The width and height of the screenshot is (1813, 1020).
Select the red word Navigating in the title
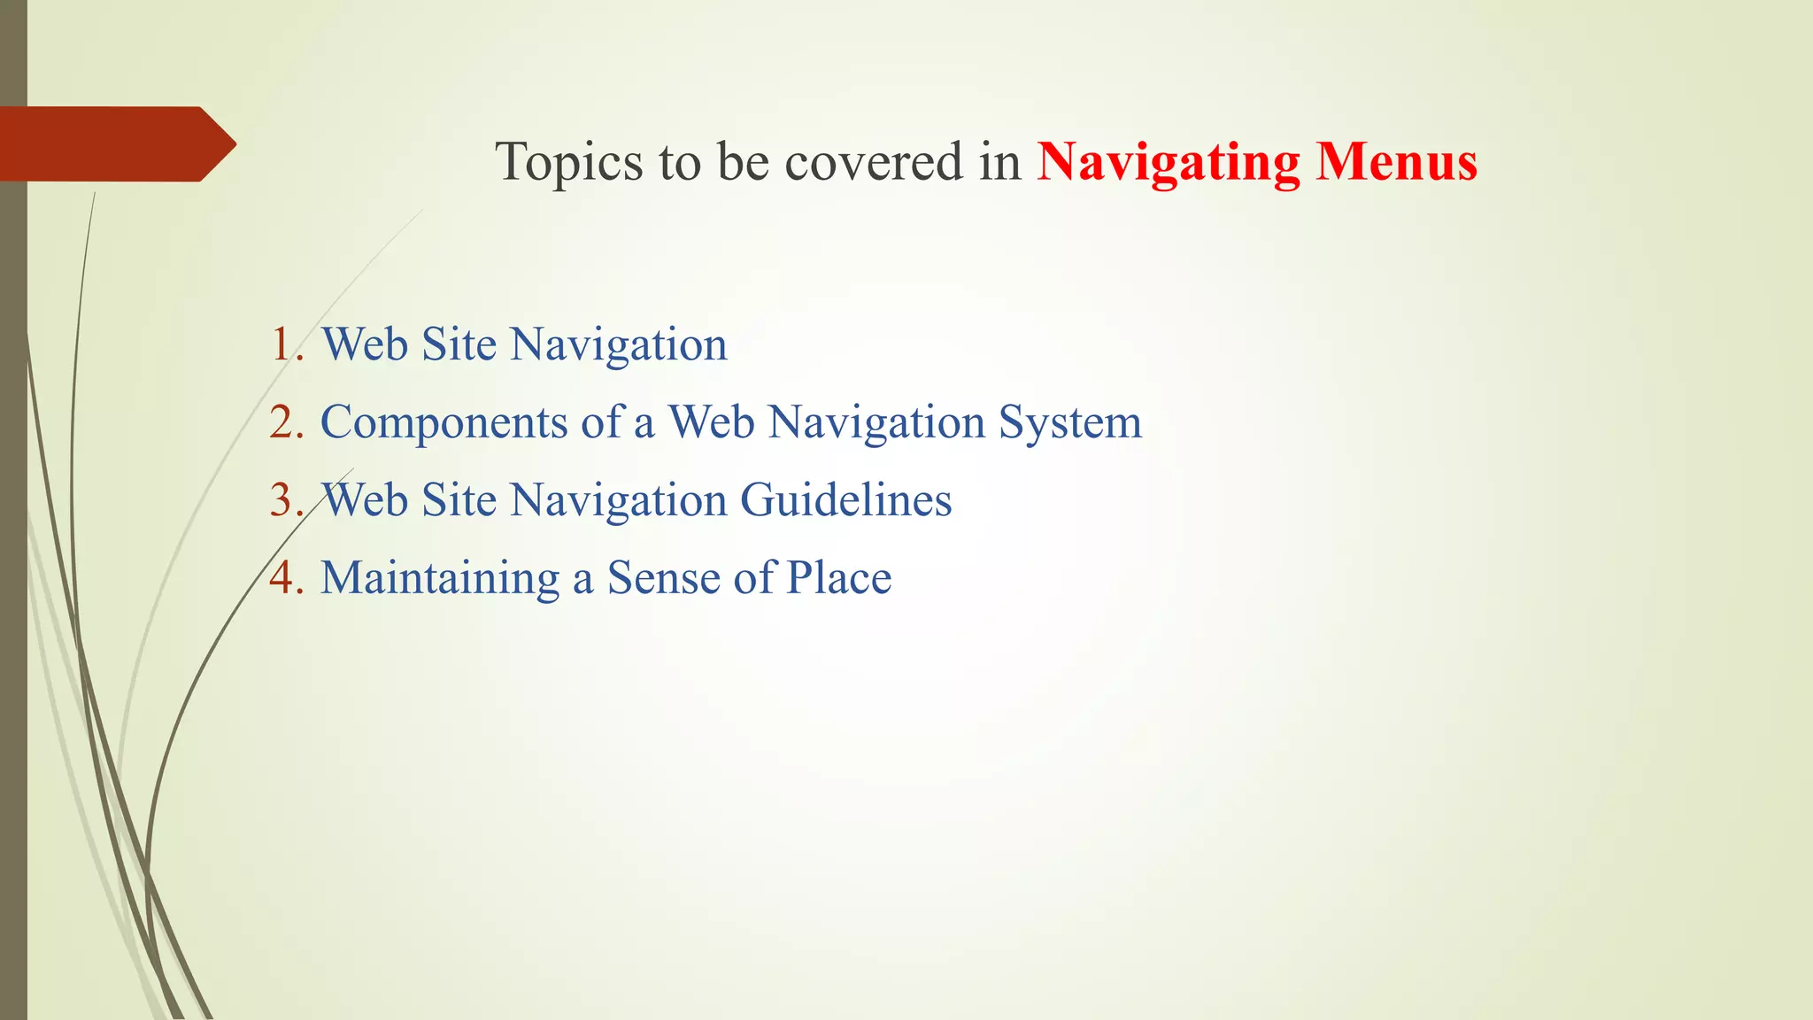click(x=1168, y=163)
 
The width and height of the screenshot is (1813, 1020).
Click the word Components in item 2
click(x=444, y=422)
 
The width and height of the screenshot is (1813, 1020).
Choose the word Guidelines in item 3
click(x=845, y=500)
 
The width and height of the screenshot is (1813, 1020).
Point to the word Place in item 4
click(x=838, y=578)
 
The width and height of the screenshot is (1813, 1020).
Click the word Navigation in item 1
click(x=619, y=344)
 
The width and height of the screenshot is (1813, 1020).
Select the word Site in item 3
click(x=459, y=500)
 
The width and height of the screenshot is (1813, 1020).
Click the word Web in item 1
click(x=364, y=344)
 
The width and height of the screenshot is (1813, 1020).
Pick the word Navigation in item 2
click(x=876, y=422)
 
